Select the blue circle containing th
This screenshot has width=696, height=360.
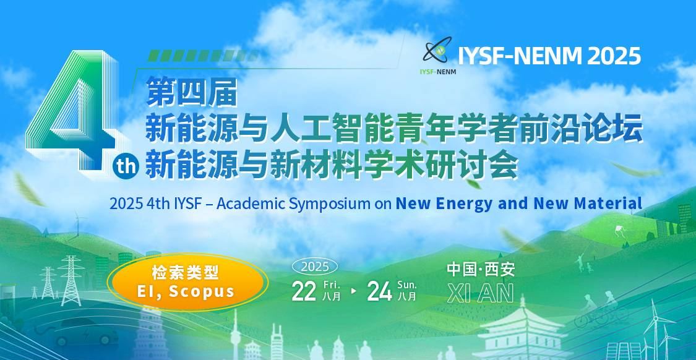coord(126,166)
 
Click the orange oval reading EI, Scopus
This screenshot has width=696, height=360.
coord(187,282)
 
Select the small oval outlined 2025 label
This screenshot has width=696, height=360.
coord(315,267)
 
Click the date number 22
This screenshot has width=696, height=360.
coord(304,292)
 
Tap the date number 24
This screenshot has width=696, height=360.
coord(379,292)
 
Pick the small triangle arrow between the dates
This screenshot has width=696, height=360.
coord(354,291)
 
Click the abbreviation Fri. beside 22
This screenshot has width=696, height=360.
coord(332,284)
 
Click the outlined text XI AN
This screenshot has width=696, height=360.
coord(481,293)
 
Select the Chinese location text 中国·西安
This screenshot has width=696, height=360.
coord(481,270)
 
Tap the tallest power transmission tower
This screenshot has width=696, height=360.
coord(71,281)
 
